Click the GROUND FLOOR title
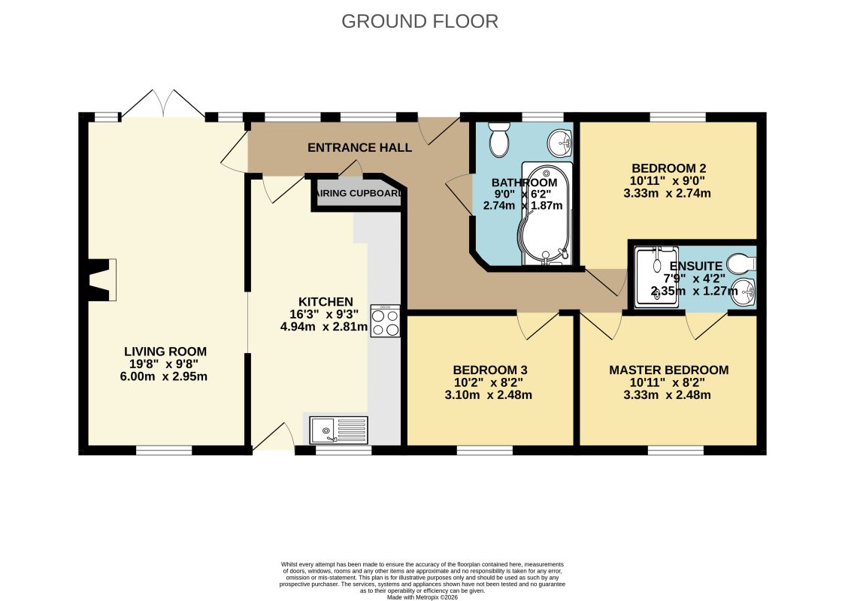pos(419,22)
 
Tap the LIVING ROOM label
pos(165,352)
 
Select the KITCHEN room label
pos(326,302)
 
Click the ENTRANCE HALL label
pos(359,147)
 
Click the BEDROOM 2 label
pos(669,168)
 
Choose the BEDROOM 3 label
pos(490,370)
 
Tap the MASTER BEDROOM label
pos(669,370)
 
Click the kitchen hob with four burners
pos(386,321)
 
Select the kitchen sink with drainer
pos(338,430)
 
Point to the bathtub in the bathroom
pos(545,214)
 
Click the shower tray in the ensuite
pos(656,277)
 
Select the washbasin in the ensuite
pos(745,292)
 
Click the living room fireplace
pos(101,280)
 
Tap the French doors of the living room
pos(162,104)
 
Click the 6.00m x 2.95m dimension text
pos(164,376)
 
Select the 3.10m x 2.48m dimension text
pos(488,394)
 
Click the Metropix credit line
pos(422,597)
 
